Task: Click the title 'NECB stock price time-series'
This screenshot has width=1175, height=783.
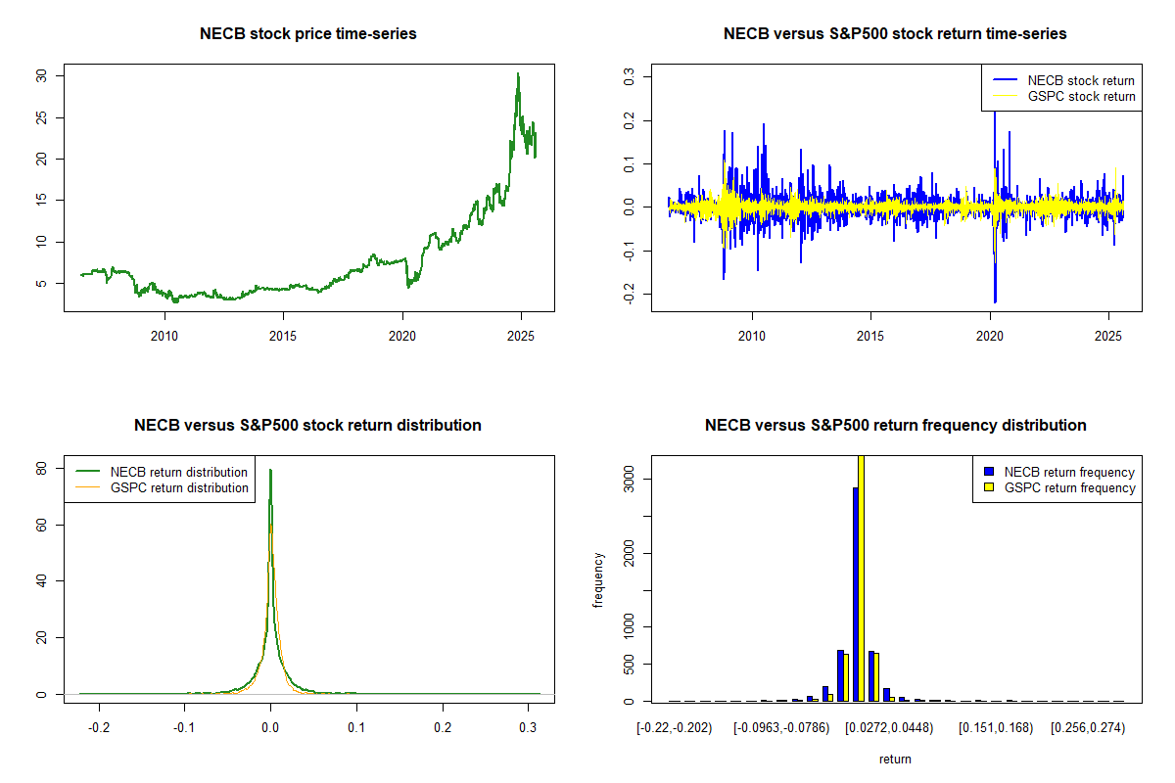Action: pyautogui.click(x=308, y=34)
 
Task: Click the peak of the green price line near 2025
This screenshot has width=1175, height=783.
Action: pyautogui.click(x=518, y=74)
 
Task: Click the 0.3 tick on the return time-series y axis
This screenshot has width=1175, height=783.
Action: pyautogui.click(x=630, y=74)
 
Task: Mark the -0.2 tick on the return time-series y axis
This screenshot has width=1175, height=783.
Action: pyautogui.click(x=630, y=295)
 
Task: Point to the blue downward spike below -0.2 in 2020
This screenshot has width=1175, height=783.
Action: pyautogui.click(x=995, y=300)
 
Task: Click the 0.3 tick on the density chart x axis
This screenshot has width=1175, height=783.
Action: pyautogui.click(x=529, y=729)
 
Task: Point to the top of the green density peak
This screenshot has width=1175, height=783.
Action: pyautogui.click(x=271, y=471)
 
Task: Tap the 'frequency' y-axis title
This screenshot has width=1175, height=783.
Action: pyautogui.click(x=598, y=579)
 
